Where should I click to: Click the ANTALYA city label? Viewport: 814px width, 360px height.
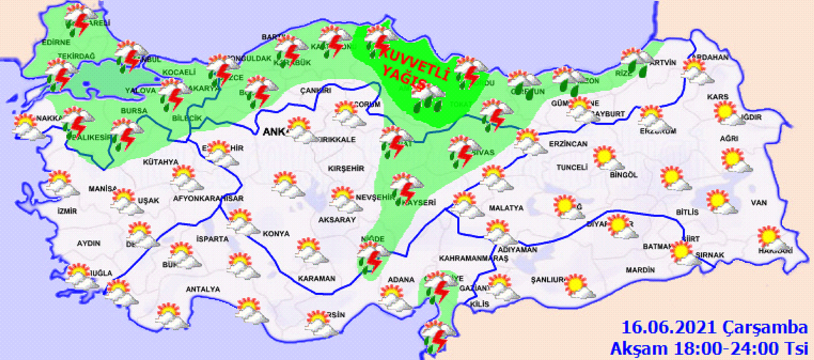coord(203,289)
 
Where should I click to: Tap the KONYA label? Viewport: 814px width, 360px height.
coord(276,234)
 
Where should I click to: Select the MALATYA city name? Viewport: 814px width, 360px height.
coord(506,208)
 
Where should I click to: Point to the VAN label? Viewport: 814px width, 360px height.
coord(758,203)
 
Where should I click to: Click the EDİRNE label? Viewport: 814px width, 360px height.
coord(56,42)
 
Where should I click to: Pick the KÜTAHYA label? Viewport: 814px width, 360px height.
coord(160,162)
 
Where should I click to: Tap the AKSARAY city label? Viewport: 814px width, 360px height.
coord(337,220)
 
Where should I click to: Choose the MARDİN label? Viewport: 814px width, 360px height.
coord(640,270)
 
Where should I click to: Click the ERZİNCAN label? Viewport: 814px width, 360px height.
coord(568,144)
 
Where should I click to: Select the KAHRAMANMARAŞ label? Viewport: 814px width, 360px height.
coord(473,259)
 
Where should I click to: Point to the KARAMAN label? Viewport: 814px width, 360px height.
coord(317,279)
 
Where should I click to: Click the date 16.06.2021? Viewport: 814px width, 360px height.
coord(668,328)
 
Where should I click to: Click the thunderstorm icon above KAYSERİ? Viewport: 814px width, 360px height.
coord(406,187)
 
